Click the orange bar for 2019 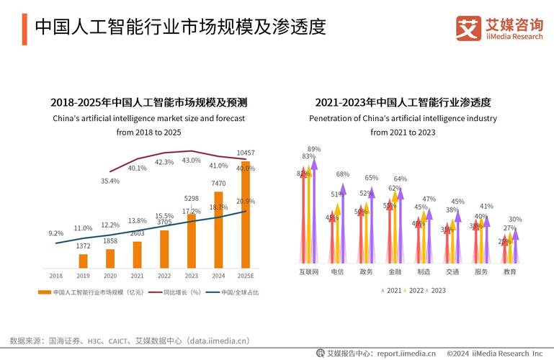pyautogui.click(x=83, y=261)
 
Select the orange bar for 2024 pyautogui.click(x=218, y=230)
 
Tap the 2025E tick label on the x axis pyautogui.click(x=245, y=275)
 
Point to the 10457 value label pyautogui.click(x=246, y=153)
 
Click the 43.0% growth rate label pyautogui.click(x=191, y=161)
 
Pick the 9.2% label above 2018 pyautogui.click(x=56, y=233)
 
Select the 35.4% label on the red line pyautogui.click(x=110, y=181)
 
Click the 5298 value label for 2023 pyautogui.click(x=191, y=198)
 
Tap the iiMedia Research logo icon pyautogui.click(x=468, y=28)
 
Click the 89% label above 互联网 pyautogui.click(x=314, y=149)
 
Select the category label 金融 pyautogui.click(x=395, y=272)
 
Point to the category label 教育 pyautogui.click(x=510, y=272)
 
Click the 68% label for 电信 pyautogui.click(x=343, y=174)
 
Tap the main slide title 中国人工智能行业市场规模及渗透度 pyautogui.click(x=180, y=27)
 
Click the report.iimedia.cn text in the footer pyautogui.click(x=406, y=353)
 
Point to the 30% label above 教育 pyautogui.click(x=516, y=220)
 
